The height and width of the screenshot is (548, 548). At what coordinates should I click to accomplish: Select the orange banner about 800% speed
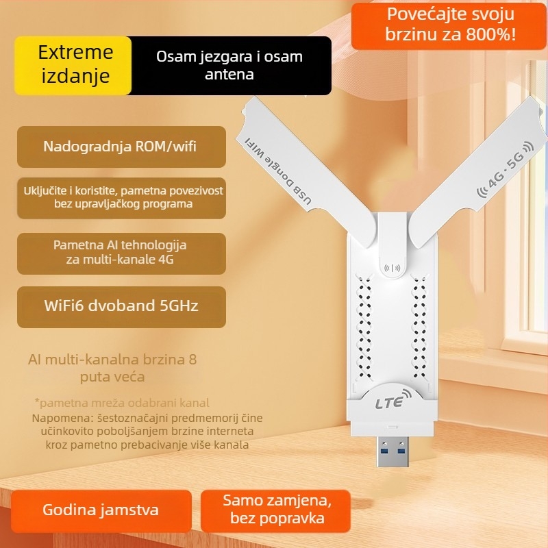[x=449, y=25]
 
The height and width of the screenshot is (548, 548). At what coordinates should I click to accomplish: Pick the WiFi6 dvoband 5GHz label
[x=121, y=306]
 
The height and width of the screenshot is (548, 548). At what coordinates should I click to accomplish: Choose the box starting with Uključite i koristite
[x=121, y=197]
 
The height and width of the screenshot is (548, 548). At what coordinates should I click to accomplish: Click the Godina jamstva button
[x=101, y=510]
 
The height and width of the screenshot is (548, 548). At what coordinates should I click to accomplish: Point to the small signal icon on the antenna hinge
[x=393, y=269]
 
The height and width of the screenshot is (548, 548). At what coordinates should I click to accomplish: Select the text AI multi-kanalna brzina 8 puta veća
[x=112, y=368]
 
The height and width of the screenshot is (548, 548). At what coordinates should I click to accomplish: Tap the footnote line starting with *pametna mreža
[x=122, y=403]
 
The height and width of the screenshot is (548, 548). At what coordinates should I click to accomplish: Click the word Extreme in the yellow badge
[x=75, y=52]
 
